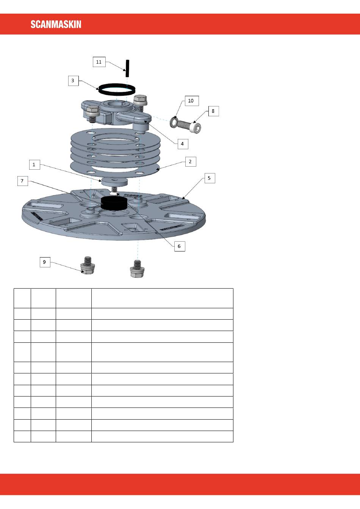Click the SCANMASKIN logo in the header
pyautogui.click(x=56, y=24)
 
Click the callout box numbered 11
pyautogui.click(x=99, y=62)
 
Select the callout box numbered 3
pyautogui.click(x=74, y=81)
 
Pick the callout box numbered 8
pyautogui.click(x=214, y=111)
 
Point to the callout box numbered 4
pyautogui.click(x=183, y=144)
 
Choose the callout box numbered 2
pyautogui.click(x=191, y=162)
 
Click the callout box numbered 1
pyautogui.click(x=34, y=164)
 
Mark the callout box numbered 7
pyautogui.click(x=23, y=181)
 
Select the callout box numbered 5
pyautogui.click(x=210, y=178)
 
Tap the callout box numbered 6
pyautogui.click(x=180, y=246)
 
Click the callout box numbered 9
pyautogui.click(x=45, y=262)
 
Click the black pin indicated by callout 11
pyautogui.click(x=128, y=68)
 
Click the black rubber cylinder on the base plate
pyautogui.click(x=114, y=203)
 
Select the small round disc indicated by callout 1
pyautogui.click(x=114, y=181)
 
